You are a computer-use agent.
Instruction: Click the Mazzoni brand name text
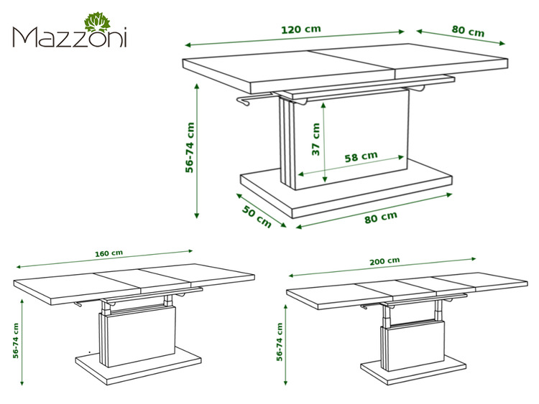click(70, 37)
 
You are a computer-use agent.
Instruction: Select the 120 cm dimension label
click(301, 29)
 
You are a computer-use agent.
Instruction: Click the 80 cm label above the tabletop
click(468, 31)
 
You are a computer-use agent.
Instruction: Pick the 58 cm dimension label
click(361, 156)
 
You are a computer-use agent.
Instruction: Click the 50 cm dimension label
click(257, 216)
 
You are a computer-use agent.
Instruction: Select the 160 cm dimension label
click(109, 253)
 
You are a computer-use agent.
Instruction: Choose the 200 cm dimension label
click(384, 261)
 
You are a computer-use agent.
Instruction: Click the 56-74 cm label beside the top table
click(190, 148)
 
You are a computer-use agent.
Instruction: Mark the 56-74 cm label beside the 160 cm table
click(16, 341)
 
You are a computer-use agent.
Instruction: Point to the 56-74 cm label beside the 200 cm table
click(280, 342)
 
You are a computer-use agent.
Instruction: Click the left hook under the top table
click(244, 101)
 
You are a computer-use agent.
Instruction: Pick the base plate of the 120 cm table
click(346, 194)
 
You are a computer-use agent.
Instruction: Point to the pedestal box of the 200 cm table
click(413, 346)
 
